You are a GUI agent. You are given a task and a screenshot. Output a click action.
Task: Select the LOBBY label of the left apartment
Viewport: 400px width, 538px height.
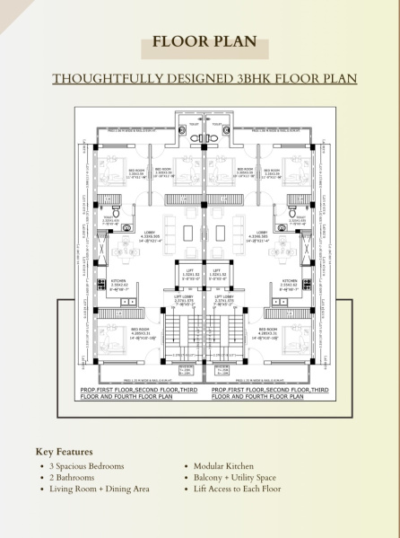click(x=149, y=232)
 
